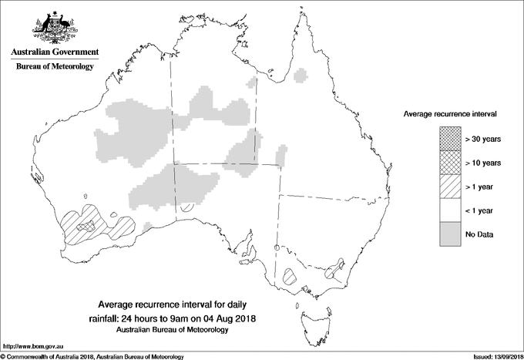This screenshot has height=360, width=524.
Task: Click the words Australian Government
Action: click(x=54, y=52)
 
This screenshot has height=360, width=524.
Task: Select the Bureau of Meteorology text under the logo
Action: click(x=54, y=67)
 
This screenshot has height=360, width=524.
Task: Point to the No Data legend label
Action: click(x=479, y=234)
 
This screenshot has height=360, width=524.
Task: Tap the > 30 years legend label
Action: click(x=483, y=139)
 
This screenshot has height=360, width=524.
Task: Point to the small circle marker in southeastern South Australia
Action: click(x=277, y=247)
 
